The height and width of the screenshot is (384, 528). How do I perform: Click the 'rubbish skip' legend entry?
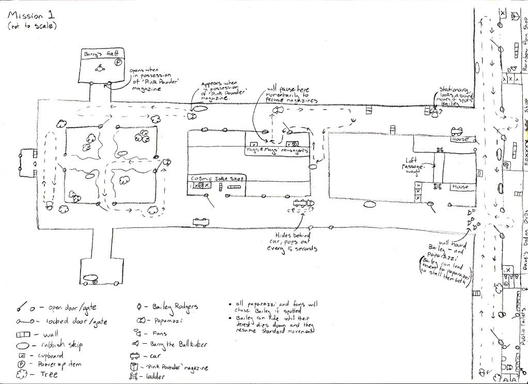(62, 344)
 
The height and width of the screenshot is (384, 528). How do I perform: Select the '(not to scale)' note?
(32, 25)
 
